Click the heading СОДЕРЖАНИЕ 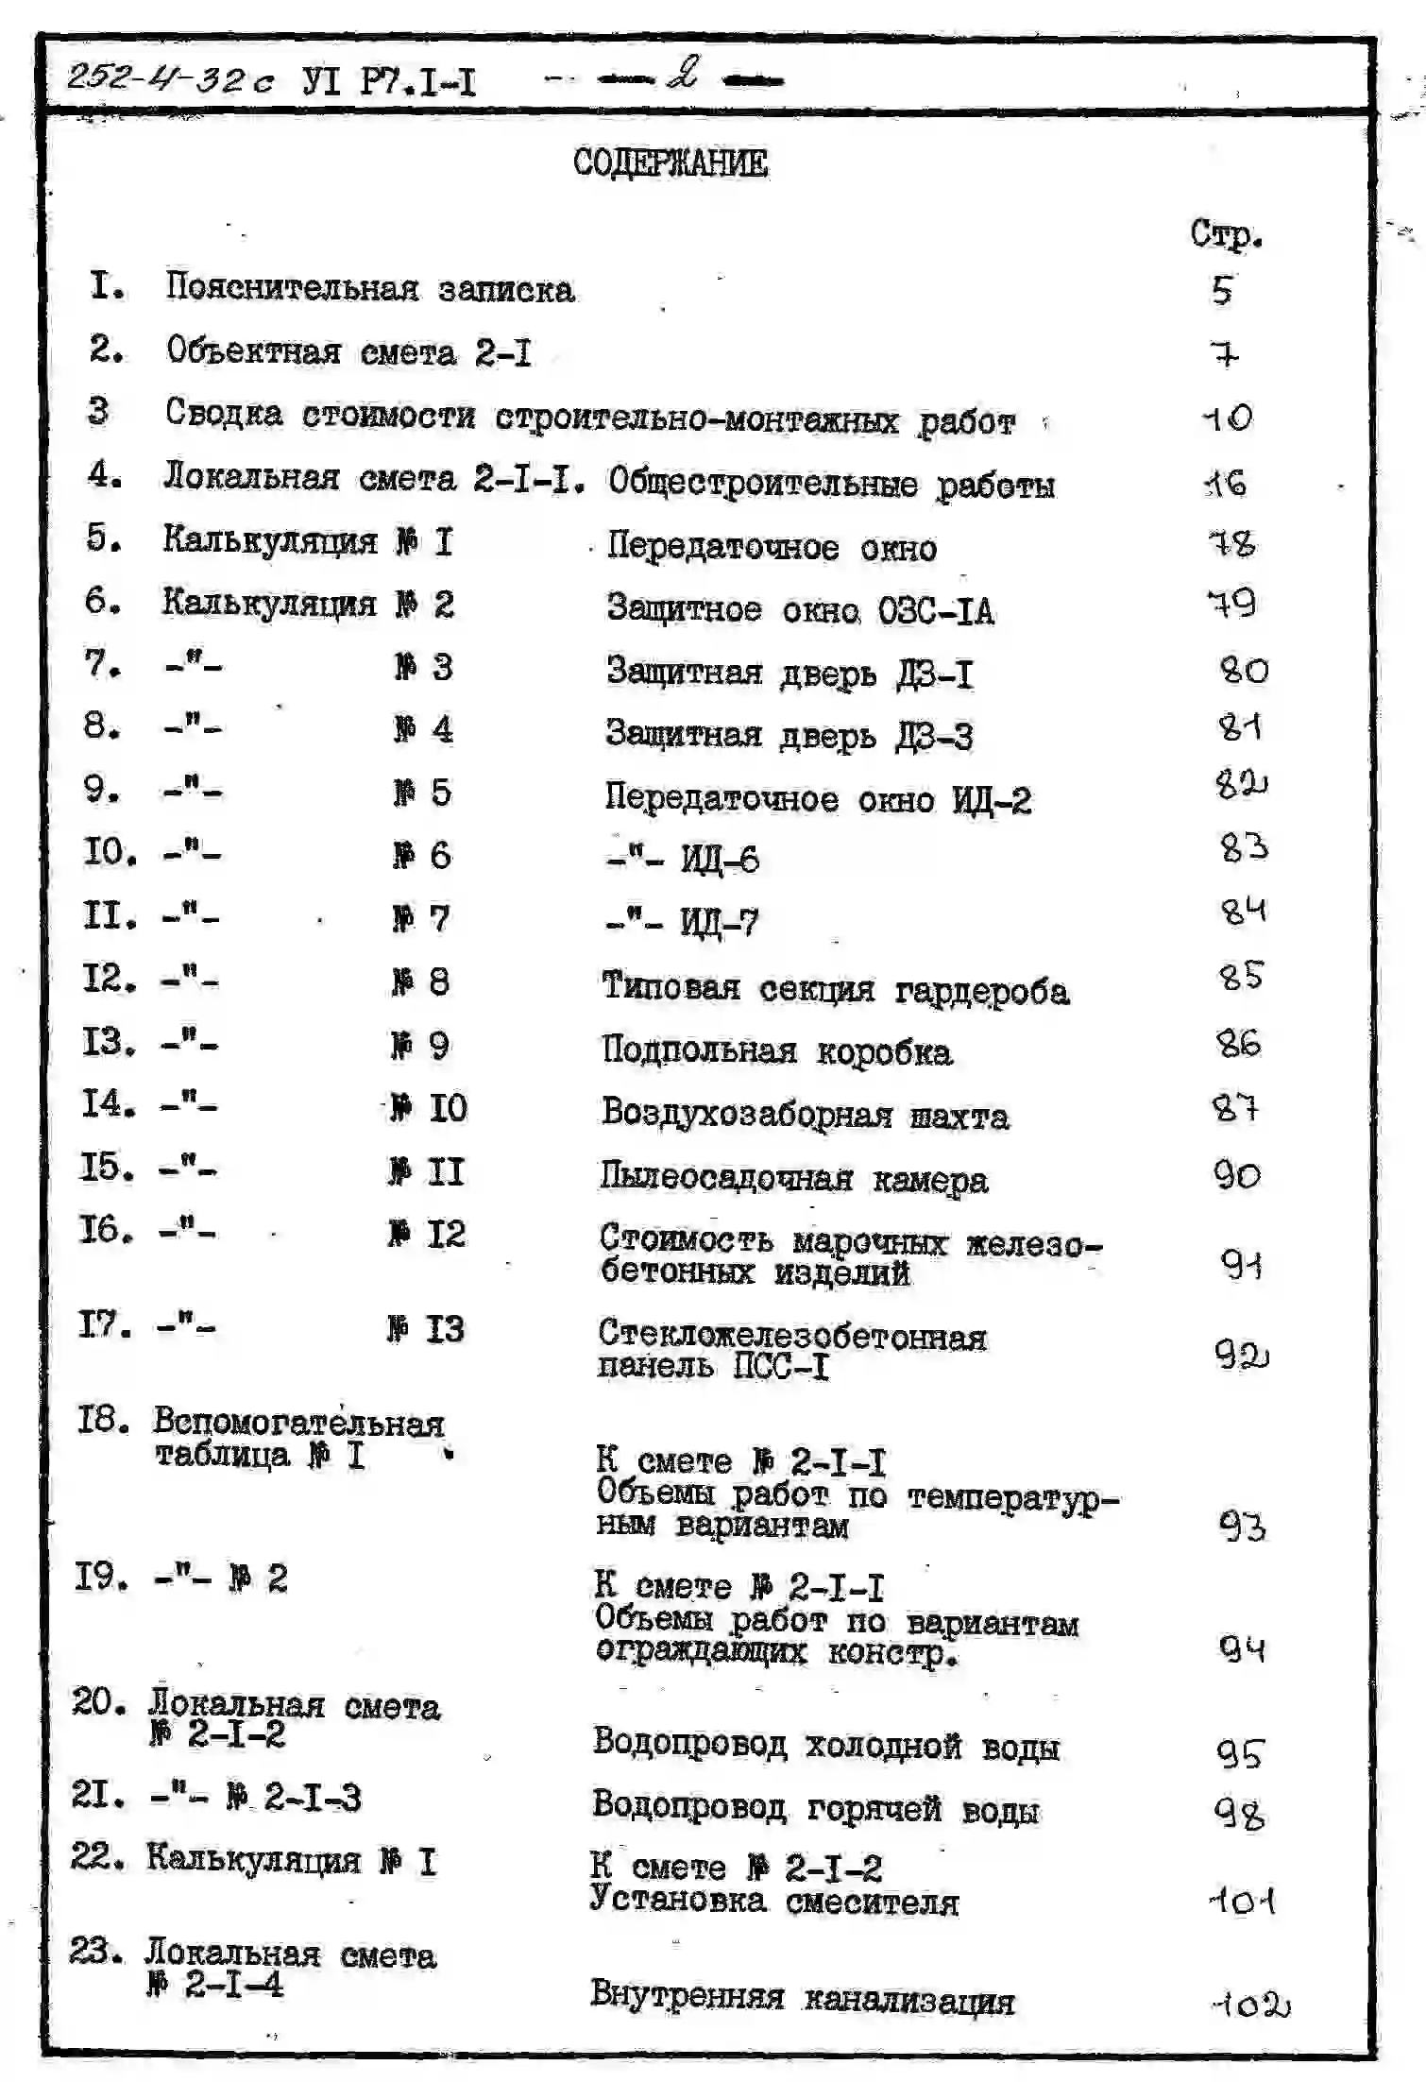671,162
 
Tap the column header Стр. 1225,233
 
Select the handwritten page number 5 1223,290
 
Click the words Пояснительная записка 369,287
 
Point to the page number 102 1249,2004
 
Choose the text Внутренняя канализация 802,1997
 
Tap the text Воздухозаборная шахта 805,1115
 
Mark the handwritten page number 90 1236,1175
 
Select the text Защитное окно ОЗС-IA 799,610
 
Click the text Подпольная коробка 776,1051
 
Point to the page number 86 1238,1043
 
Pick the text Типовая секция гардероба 835,989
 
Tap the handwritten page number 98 1239,1813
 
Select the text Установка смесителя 773,1901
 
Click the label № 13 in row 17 426,1329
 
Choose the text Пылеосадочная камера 793,1179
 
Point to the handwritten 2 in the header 683,74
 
